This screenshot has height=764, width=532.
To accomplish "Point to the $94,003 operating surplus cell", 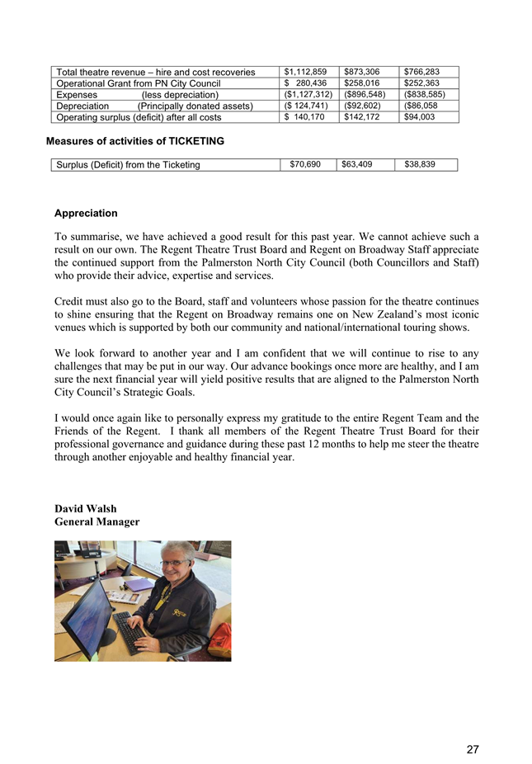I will pyautogui.click(x=421, y=118).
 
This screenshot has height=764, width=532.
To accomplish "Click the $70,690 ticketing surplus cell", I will pyautogui.click(x=305, y=165).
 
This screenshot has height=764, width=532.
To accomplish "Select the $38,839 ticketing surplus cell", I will pyautogui.click(x=420, y=165).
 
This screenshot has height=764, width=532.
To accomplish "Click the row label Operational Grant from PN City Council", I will pyautogui.click(x=139, y=83).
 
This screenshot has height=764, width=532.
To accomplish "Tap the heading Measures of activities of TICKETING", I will pyautogui.click(x=135, y=142).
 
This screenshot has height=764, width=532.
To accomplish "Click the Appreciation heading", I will pyautogui.click(x=86, y=214).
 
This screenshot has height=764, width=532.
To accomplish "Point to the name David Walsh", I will pyautogui.click(x=86, y=509).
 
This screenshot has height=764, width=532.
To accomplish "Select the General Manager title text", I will pyautogui.click(x=97, y=522).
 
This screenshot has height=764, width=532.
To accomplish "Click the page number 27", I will pyautogui.click(x=473, y=749).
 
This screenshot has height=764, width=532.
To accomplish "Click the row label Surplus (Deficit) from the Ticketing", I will pyautogui.click(x=129, y=166).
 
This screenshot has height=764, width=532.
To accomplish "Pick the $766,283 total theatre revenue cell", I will pyautogui.click(x=421, y=72).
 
